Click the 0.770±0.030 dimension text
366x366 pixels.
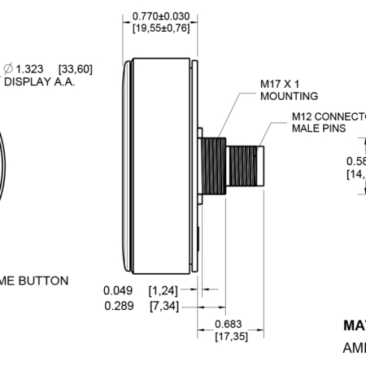[160, 15]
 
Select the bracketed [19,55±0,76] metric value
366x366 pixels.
[160, 28]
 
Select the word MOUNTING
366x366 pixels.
[289, 96]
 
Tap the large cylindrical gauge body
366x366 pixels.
[159, 167]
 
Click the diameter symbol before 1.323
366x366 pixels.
[8, 69]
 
